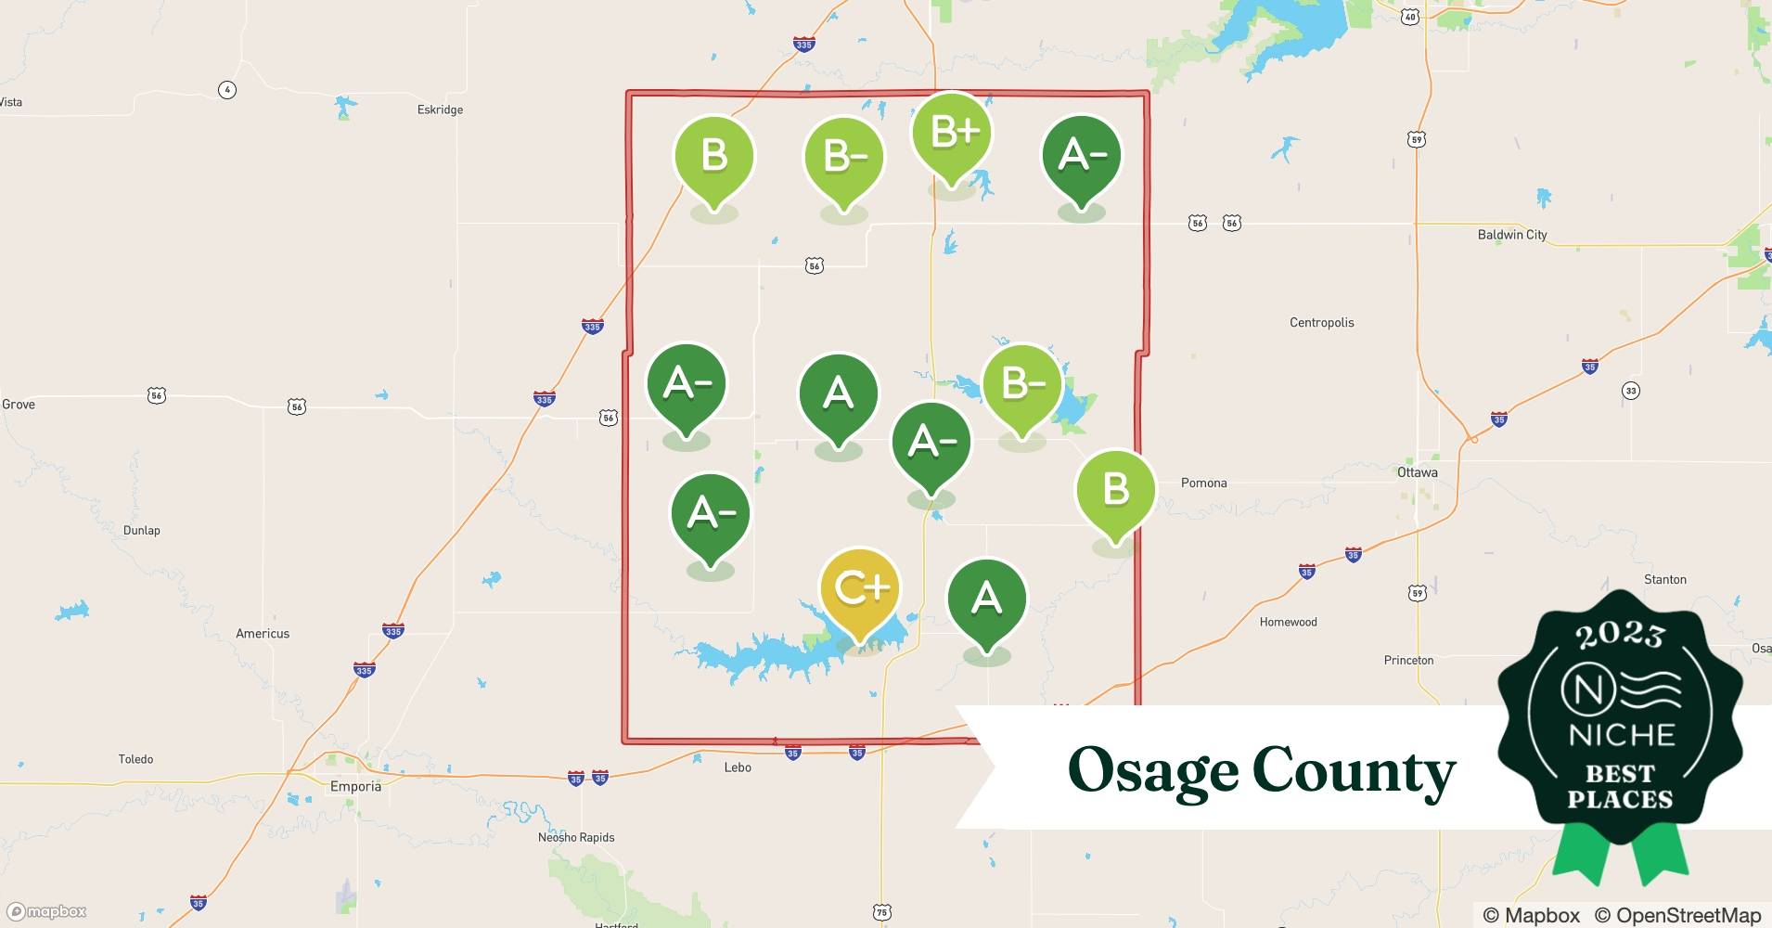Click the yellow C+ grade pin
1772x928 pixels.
860,589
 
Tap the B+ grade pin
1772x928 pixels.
952,134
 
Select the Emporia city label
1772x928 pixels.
355,786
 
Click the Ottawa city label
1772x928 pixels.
1417,472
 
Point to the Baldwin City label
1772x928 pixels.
1511,235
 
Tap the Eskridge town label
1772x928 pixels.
440,110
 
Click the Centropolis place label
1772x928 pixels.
1321,323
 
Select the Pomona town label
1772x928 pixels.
1203,483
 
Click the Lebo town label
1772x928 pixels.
738,767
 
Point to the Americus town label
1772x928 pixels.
263,634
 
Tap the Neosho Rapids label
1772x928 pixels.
576,837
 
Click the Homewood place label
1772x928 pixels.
1288,622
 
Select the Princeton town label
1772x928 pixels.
1408,661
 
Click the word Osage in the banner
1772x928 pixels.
1152,771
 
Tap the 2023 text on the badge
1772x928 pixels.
1619,634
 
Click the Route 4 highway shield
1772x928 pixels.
227,90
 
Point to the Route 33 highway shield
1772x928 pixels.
1631,391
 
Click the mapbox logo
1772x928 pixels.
47,911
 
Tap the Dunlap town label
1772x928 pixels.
141,531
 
